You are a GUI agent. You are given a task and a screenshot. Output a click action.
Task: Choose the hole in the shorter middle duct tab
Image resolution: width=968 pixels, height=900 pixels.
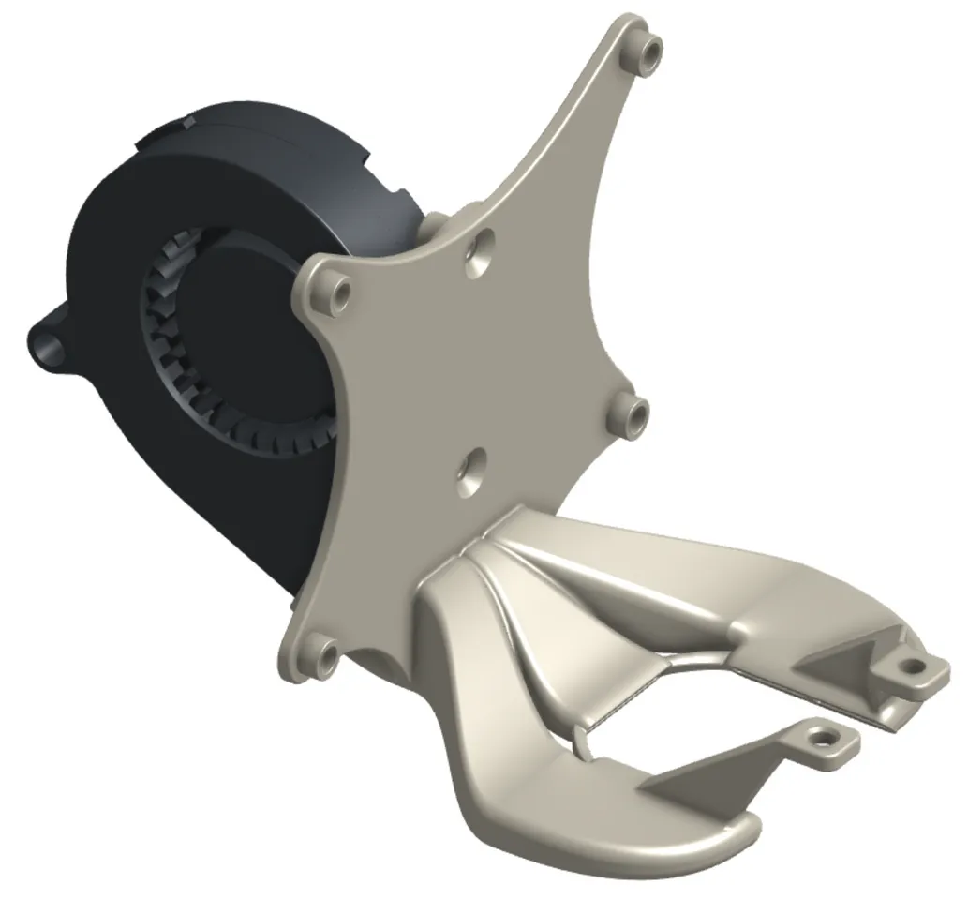click(826, 737)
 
